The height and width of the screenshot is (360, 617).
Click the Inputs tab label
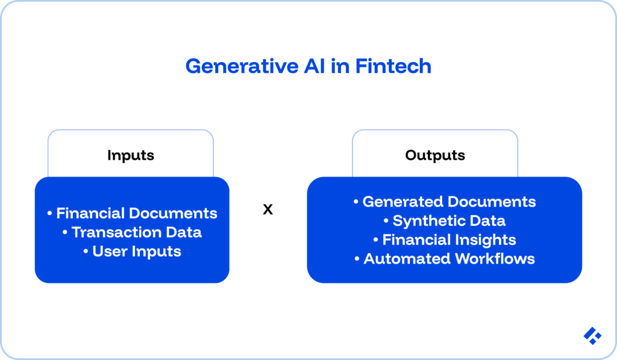coord(131,155)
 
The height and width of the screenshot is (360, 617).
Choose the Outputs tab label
coord(435,155)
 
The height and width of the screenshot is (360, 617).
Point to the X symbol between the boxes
coord(268,210)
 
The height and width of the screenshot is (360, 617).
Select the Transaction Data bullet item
coord(132,232)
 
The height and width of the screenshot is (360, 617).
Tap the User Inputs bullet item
coord(132,251)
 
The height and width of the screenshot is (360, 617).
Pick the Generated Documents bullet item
coord(445,201)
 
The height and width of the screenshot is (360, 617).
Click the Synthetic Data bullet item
coord(445,221)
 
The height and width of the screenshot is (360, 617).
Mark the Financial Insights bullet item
coord(445,239)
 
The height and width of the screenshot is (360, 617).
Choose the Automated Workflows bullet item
coord(445,259)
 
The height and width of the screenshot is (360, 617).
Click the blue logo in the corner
coord(592,336)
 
